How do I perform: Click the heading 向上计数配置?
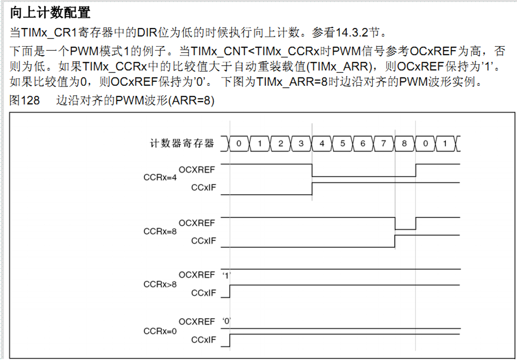50,13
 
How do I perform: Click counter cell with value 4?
322,143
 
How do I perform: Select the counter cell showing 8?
405,143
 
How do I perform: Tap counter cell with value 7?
384,143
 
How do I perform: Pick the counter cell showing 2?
281,143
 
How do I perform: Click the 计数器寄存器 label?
182,143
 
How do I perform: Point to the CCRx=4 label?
160,178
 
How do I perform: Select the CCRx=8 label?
160,231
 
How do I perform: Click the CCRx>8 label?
160,284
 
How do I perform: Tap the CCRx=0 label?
160,331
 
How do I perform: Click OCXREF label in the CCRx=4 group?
197,169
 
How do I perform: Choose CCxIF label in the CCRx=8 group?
204,241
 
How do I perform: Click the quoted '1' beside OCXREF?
227,275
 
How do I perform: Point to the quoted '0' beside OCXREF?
227,321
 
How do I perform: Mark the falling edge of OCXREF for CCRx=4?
312,170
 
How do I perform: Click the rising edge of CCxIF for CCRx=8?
395,241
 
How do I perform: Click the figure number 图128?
25,100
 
